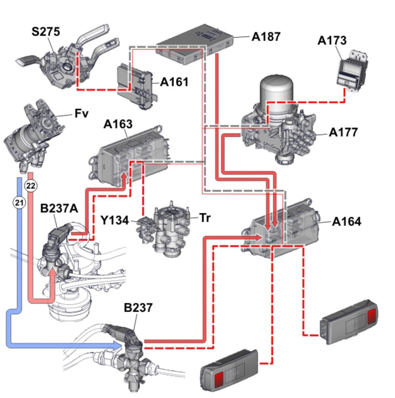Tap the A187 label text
coord(266,36)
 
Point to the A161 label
coord(174,82)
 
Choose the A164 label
coord(346,221)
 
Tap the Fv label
coord(81,114)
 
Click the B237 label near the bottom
coord(138,307)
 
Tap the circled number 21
coord(19,203)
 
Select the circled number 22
coord(31,185)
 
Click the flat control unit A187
coord(195,44)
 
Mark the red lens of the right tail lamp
coord(371,316)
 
